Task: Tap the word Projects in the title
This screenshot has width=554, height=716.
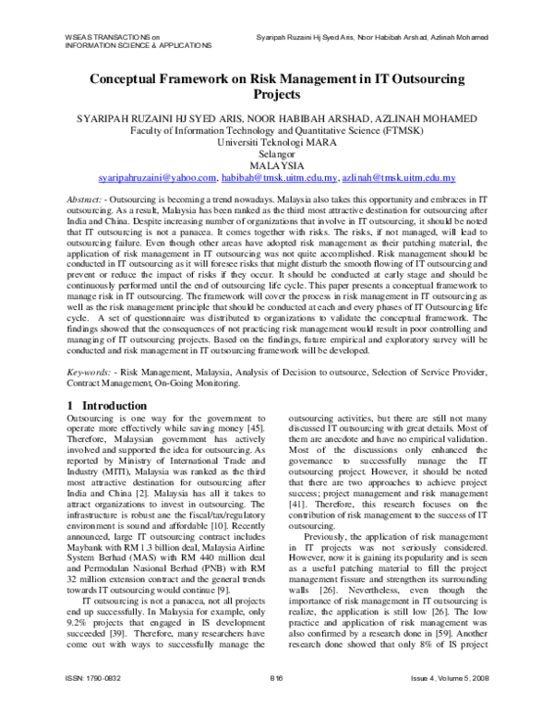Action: tap(277, 94)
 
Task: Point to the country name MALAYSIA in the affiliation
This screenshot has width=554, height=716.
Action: tap(277, 164)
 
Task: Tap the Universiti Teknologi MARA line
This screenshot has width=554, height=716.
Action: tap(277, 142)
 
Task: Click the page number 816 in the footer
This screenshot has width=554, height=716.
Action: tap(276, 701)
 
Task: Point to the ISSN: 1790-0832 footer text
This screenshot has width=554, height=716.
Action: tap(99, 701)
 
